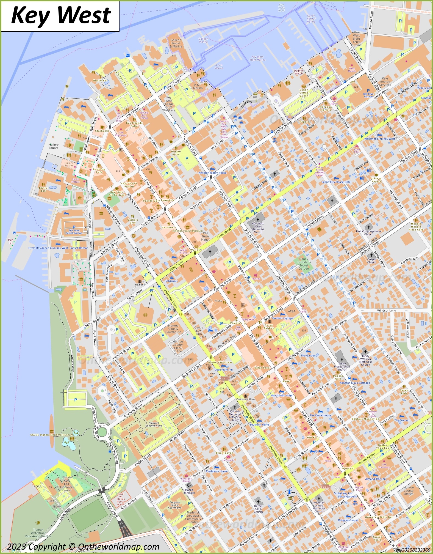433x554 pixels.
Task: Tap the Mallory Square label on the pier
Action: point(53,146)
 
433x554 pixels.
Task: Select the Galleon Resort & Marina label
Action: point(176,43)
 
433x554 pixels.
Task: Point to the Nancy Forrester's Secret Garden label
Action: point(304,264)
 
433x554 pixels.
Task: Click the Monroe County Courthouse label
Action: point(173,329)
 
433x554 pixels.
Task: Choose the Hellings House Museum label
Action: point(187,231)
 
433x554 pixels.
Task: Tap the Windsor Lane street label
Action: point(386,310)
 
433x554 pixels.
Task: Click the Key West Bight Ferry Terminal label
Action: point(356,39)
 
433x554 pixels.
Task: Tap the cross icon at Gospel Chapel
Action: point(371,255)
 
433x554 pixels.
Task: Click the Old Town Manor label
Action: point(205,236)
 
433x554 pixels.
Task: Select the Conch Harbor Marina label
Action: point(311,19)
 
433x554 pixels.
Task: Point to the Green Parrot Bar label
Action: point(220,362)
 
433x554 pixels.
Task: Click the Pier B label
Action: point(10,241)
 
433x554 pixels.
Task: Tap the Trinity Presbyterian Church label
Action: point(342,366)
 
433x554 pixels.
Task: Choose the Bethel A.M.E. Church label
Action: point(258,509)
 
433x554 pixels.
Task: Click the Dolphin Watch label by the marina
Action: point(299,72)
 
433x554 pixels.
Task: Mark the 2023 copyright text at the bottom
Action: point(83,547)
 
